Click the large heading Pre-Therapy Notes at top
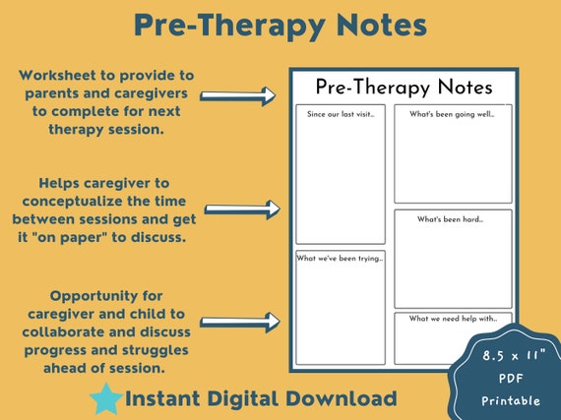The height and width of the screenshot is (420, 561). (280, 27)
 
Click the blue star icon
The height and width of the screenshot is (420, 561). (106, 399)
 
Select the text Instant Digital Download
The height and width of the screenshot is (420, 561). (261, 398)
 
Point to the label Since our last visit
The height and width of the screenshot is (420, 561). (339, 114)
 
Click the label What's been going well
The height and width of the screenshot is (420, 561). (452, 114)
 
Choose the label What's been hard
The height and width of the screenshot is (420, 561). (451, 218)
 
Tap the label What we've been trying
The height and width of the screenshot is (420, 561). (340, 258)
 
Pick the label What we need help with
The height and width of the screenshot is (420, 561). (451, 319)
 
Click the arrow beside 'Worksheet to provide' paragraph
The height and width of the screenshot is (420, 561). (238, 95)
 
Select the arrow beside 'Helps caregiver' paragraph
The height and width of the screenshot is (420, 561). (240, 209)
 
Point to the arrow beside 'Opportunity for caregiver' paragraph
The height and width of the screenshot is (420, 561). (240, 321)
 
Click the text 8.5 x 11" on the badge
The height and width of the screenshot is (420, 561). (510, 351)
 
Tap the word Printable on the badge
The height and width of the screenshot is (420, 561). (510, 400)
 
